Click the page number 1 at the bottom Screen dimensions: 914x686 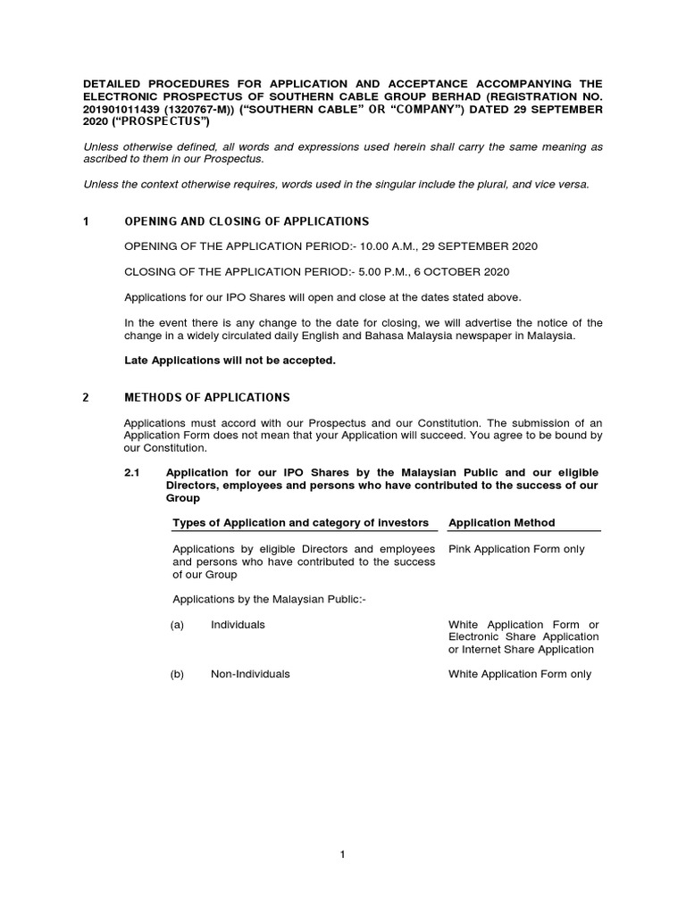point(342,854)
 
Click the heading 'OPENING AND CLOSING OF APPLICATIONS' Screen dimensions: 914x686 point(246,221)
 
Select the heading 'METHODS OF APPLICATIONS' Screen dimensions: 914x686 point(206,397)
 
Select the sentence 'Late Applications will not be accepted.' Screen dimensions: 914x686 point(230,360)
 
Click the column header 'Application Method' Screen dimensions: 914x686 point(501,522)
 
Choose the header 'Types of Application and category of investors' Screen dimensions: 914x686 point(300,522)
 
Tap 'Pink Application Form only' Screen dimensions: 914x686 point(516,549)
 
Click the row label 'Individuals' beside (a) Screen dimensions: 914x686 point(238,625)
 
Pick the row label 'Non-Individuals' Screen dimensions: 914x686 point(250,675)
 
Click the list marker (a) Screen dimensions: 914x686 point(177,625)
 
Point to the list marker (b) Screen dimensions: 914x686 point(177,675)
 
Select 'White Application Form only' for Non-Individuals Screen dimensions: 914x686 point(520,675)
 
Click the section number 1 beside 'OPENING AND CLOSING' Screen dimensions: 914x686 point(86,221)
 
